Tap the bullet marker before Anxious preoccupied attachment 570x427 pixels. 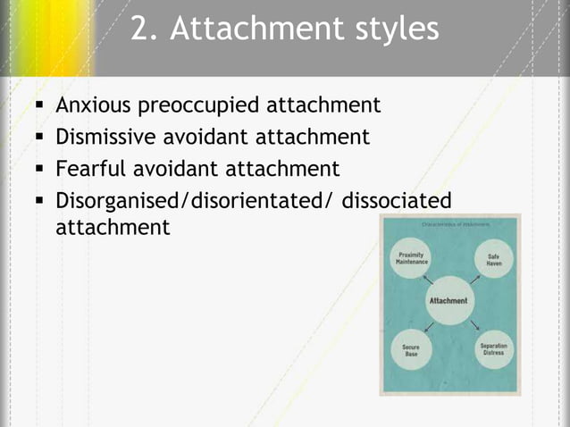pyautogui.click(x=39, y=106)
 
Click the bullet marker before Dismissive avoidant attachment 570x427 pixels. pyautogui.click(x=39, y=138)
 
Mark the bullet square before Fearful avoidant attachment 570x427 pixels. pyautogui.click(x=39, y=169)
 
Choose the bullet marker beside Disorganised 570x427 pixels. pyautogui.click(x=39, y=200)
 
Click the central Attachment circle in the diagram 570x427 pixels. pyautogui.click(x=448, y=301)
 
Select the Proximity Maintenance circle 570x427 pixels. pyautogui.click(x=411, y=260)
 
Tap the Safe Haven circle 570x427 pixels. pyautogui.click(x=492, y=259)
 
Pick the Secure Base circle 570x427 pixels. pyautogui.click(x=411, y=349)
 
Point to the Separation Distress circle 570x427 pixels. pyautogui.click(x=492, y=349)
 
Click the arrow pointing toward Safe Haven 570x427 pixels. pyautogui.click(x=474, y=278)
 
